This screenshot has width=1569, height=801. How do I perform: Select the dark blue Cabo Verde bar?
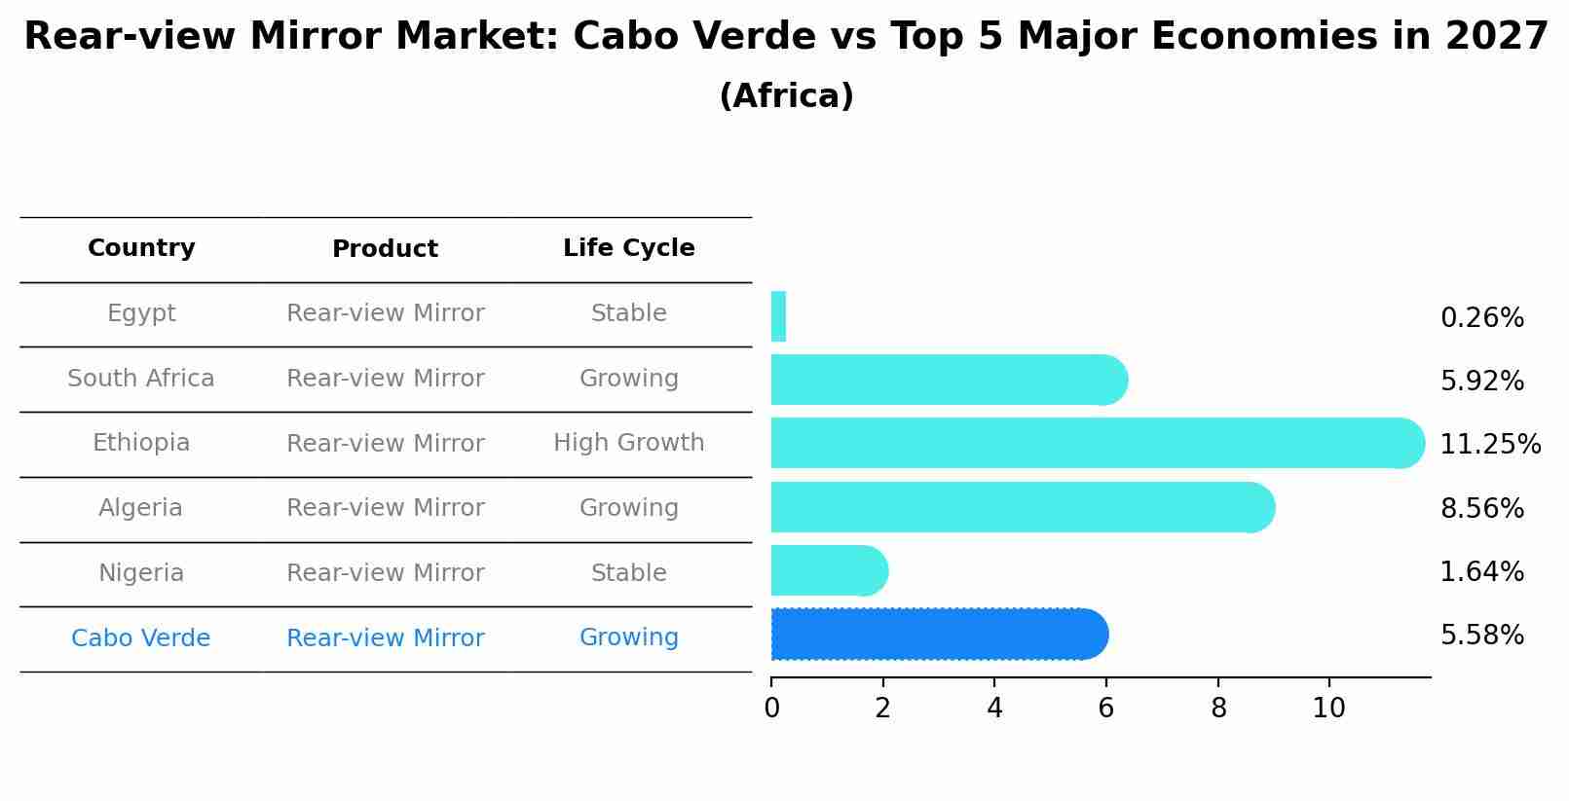939,635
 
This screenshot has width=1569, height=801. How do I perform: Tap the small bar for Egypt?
778,316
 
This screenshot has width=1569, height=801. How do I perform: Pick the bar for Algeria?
1022,507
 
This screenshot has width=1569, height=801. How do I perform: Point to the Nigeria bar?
829,570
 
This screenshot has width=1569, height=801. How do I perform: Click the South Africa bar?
949,380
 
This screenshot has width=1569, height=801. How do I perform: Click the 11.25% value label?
1489,445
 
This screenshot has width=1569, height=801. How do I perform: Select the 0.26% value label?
1481,318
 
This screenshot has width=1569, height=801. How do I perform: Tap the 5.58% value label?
1481,636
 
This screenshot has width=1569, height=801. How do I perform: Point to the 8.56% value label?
1481,509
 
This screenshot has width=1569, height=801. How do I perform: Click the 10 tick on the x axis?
1328,709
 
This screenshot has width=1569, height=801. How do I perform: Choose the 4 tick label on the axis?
994,709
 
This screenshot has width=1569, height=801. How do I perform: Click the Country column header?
141,248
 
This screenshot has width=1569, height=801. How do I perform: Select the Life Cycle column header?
628,248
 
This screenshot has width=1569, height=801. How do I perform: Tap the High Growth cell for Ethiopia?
628,443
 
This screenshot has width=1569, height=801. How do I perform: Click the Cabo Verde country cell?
141,638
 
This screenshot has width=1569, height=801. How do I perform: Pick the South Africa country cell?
141,379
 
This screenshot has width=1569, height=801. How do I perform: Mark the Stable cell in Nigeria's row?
628,573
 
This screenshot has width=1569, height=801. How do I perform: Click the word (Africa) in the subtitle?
786,96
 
